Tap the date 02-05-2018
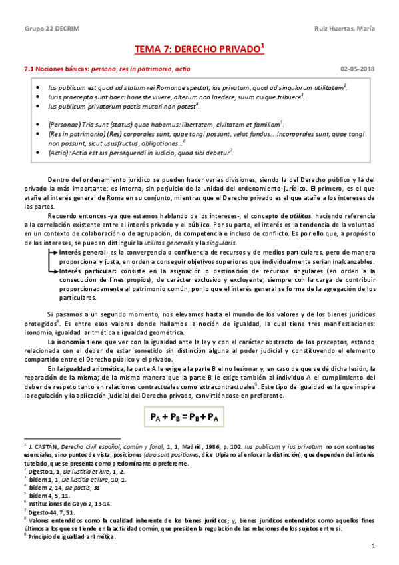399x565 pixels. pos(357,68)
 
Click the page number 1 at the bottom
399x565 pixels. pos(374,546)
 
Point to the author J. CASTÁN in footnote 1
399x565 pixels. pos(42,444)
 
